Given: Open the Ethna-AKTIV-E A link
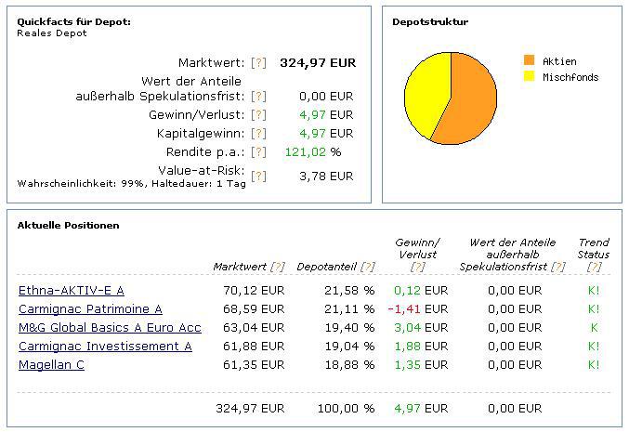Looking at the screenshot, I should pos(71,291).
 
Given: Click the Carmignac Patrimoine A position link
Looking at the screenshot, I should pos(90,309).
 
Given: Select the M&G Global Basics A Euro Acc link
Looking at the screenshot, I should pos(110,328).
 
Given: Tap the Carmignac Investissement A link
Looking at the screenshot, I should pos(105,347).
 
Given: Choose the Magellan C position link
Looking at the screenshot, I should pos(51,365).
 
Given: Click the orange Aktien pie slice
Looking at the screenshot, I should pos(469,102).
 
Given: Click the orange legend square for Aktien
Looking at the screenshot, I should pos(530,59).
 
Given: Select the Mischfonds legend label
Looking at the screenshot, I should pos(570,77).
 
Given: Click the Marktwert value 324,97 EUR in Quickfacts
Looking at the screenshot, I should pos(317,63).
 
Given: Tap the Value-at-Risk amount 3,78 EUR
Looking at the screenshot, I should pos(326,176).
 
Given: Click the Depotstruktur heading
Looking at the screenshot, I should pos(430,21).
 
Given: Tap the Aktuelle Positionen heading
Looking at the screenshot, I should pos(68,225).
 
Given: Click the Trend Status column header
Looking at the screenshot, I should pos(593,248).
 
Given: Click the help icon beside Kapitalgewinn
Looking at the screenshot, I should pos(259,134).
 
